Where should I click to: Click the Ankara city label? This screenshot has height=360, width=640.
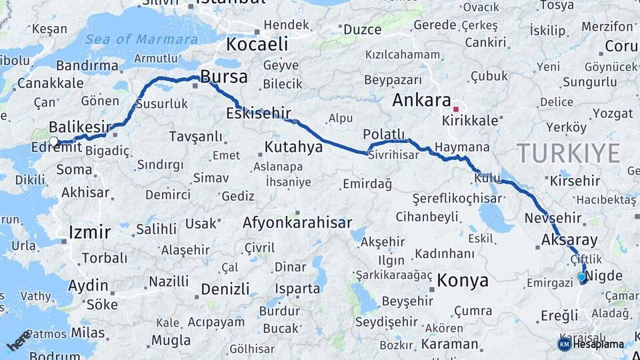(421, 101)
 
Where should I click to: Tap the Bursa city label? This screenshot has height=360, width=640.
(224, 77)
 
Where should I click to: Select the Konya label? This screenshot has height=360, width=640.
(463, 281)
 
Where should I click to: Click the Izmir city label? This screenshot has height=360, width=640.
(89, 233)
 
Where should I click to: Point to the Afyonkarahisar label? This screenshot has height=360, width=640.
(297, 223)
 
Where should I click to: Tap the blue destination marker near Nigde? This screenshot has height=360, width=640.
(581, 277)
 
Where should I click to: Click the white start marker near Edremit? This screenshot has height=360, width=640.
(54, 141)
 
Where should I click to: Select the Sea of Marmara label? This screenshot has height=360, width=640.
(141, 39)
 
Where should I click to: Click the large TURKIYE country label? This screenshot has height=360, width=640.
(569, 153)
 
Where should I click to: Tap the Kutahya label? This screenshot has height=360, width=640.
(293, 147)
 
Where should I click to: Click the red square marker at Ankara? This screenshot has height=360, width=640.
(456, 109)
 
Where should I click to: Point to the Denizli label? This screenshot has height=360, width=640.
(225, 289)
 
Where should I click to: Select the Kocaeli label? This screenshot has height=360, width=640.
(257, 45)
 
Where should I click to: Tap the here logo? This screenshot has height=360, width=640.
(19, 341)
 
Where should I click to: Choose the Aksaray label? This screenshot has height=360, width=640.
(569, 240)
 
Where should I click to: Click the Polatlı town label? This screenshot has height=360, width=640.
(384, 133)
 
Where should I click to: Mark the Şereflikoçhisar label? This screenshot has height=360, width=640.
(457, 199)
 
